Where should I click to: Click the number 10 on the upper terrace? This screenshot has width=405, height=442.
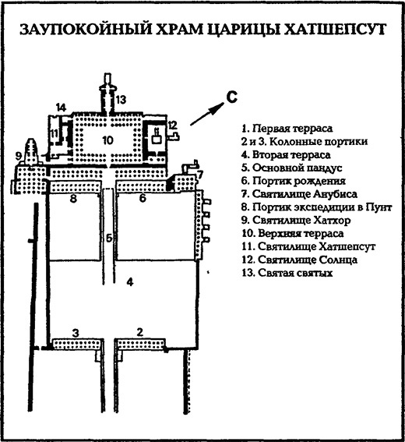(107, 140)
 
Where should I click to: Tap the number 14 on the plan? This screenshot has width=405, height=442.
(60, 106)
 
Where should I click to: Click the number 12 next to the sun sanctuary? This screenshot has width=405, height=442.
(173, 125)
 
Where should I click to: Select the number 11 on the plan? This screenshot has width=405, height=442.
(54, 134)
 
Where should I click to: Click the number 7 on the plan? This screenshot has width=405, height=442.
(199, 173)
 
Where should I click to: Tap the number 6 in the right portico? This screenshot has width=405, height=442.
(142, 200)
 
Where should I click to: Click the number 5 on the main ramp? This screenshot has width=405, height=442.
(109, 238)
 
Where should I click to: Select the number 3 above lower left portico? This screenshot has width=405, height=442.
(75, 333)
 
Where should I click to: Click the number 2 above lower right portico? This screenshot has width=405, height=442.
(139, 333)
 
